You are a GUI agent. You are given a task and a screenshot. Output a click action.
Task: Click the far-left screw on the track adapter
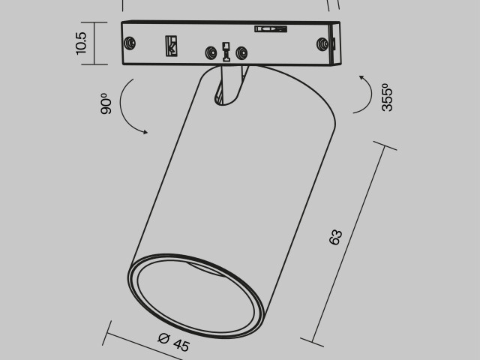133,43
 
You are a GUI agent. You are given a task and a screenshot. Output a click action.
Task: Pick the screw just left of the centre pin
211,53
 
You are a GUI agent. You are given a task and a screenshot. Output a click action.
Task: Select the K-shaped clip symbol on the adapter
172,46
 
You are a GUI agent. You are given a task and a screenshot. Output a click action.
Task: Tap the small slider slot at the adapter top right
270,29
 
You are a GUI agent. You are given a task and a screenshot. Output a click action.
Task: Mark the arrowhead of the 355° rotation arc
361,77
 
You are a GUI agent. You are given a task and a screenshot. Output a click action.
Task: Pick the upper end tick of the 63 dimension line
385,147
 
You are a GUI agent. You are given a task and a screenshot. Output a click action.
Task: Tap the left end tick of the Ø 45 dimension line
109,324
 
